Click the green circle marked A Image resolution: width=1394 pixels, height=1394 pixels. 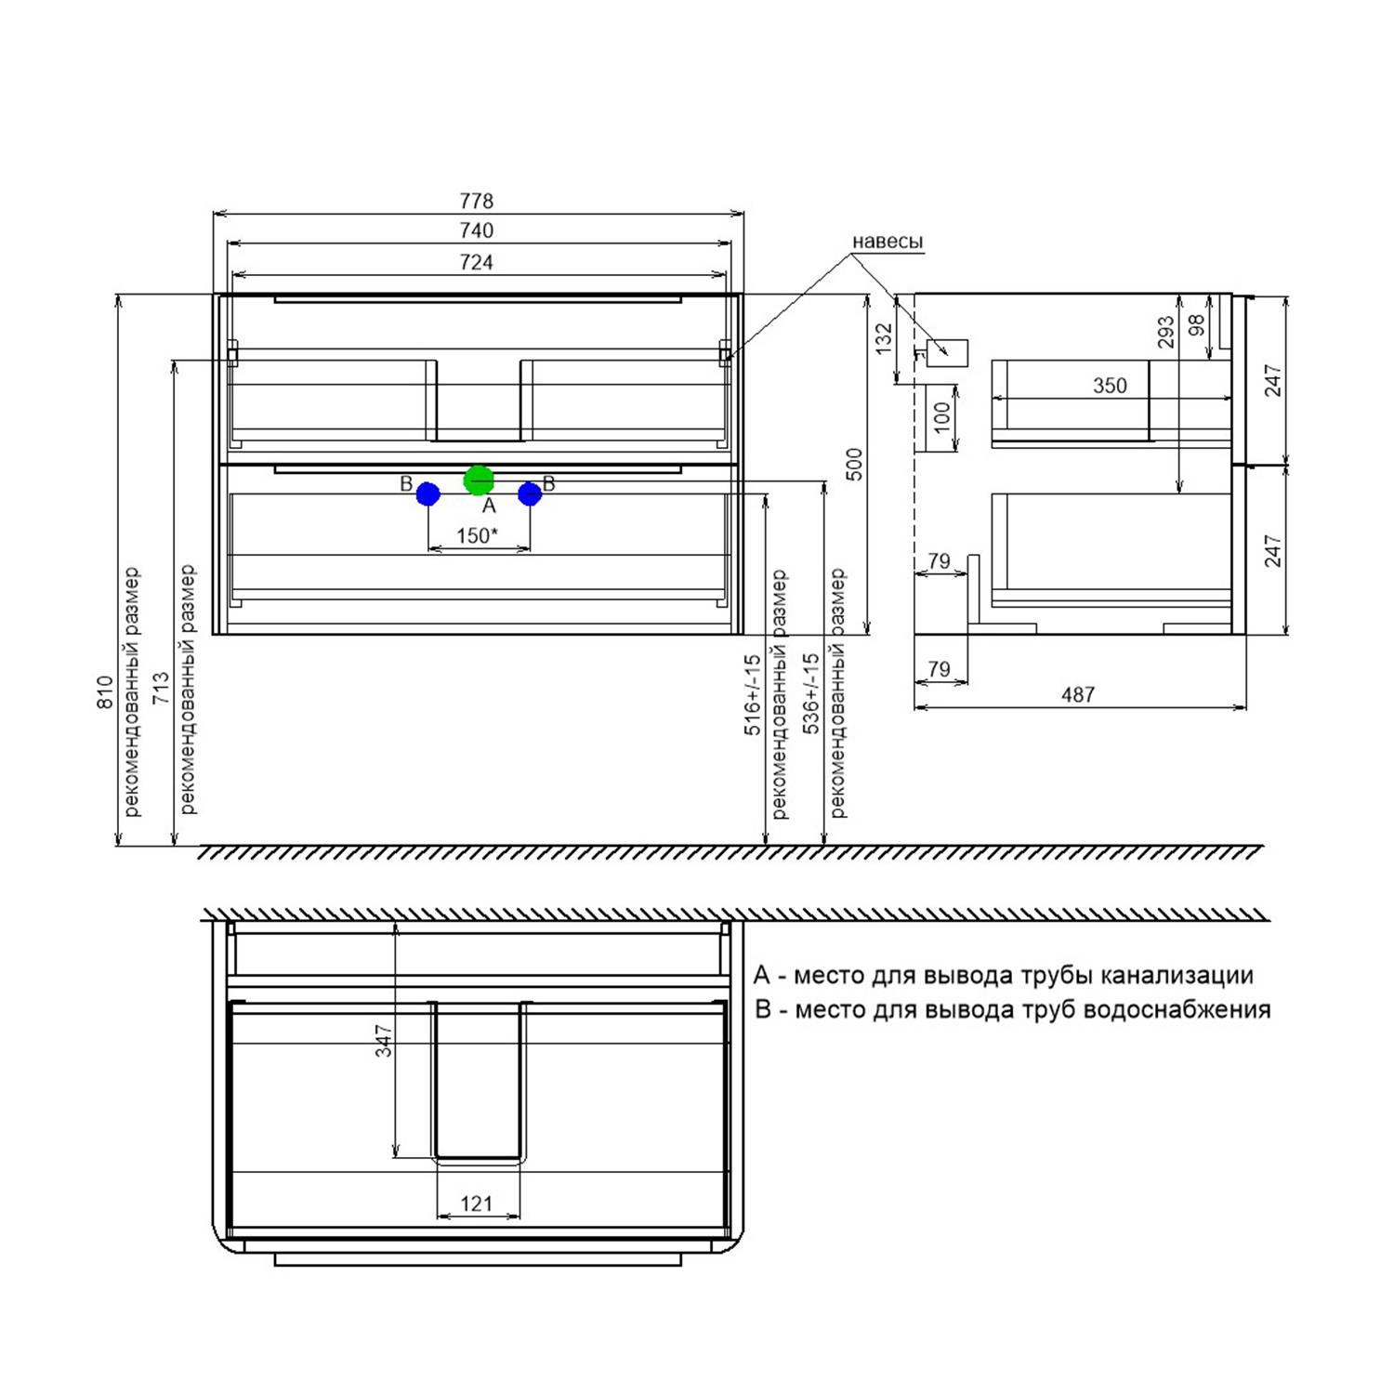click(479, 480)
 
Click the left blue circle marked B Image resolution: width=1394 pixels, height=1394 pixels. click(427, 494)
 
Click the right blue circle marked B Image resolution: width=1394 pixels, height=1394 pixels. click(530, 494)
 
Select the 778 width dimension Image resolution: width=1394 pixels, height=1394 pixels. click(477, 201)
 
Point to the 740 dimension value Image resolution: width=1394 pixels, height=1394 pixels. click(477, 230)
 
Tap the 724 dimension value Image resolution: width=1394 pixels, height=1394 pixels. click(477, 262)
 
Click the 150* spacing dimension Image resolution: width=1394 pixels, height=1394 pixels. click(478, 535)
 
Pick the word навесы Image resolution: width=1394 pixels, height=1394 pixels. click(888, 242)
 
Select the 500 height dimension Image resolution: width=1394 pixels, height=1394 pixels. click(854, 465)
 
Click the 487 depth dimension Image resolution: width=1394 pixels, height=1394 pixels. click(1078, 694)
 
